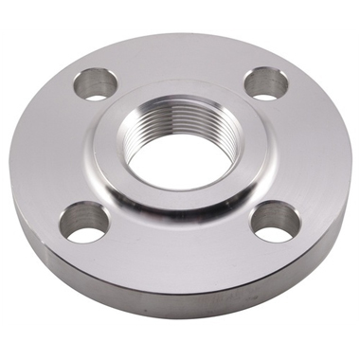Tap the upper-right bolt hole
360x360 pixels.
266,84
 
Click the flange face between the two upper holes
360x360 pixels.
180,62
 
